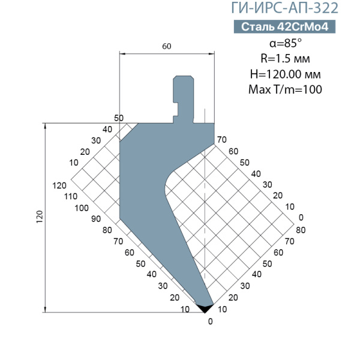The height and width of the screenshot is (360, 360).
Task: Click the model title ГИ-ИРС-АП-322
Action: tap(284, 8)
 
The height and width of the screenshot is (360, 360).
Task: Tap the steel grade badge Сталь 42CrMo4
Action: tap(284, 27)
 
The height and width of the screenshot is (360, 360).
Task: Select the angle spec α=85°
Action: tap(286, 43)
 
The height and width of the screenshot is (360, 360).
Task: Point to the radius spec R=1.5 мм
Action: tap(285, 59)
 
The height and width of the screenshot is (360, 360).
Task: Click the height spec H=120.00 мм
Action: tap(285, 74)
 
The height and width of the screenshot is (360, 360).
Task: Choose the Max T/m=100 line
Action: tap(285, 89)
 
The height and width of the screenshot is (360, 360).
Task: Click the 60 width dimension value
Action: tap(167, 46)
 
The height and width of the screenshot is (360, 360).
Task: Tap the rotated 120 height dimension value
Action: tap(40, 217)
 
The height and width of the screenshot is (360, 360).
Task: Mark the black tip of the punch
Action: tap(205, 308)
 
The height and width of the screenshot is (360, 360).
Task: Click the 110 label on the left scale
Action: tap(71, 197)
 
